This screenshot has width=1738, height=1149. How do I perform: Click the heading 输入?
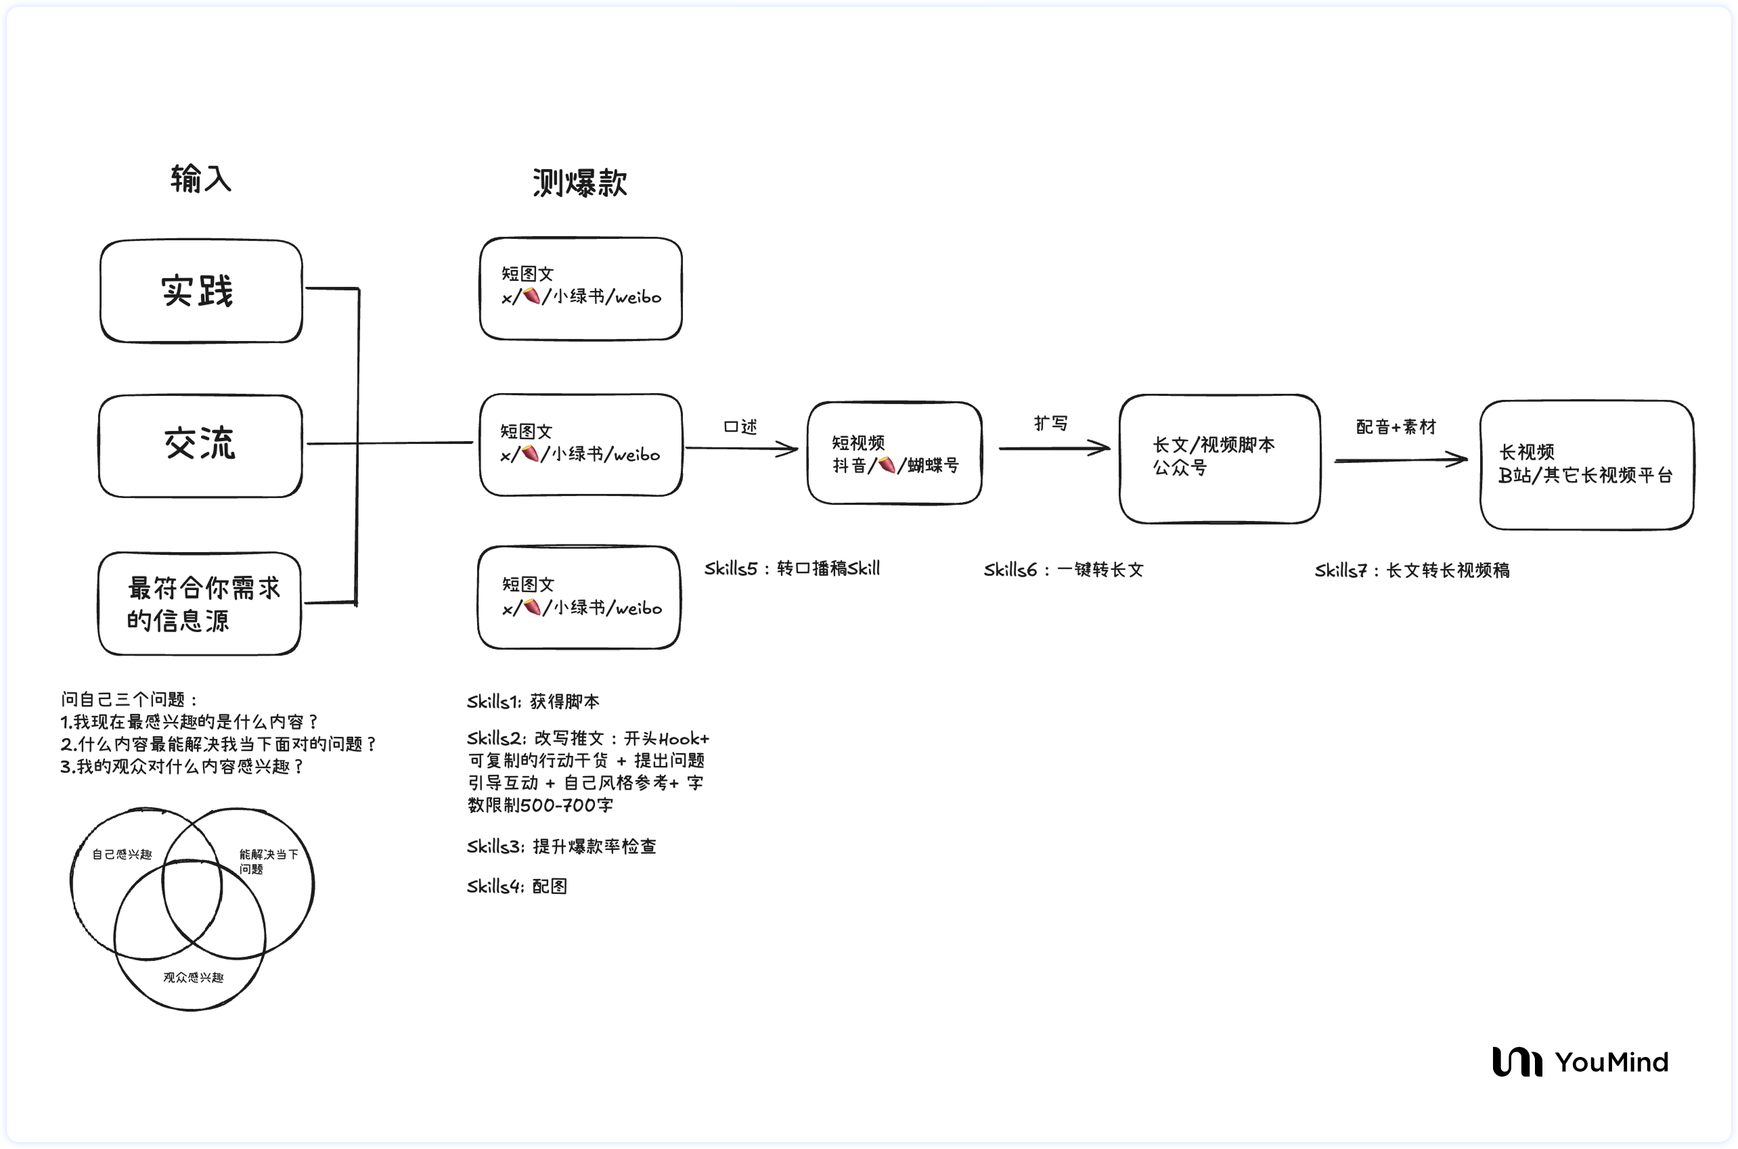(x=200, y=179)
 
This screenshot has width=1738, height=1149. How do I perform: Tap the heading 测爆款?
(x=579, y=183)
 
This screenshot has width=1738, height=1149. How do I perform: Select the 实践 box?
(x=201, y=291)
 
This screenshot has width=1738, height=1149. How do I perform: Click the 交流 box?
(x=200, y=445)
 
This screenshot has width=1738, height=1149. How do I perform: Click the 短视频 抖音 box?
(x=894, y=453)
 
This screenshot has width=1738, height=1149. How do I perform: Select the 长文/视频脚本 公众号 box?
(x=1219, y=459)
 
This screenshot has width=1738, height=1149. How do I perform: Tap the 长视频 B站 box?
(x=1586, y=465)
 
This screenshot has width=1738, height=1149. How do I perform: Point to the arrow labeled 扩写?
(x=1054, y=448)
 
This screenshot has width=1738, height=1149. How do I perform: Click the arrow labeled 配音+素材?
(x=1400, y=460)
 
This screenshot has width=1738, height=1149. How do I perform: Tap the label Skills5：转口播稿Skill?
(x=792, y=568)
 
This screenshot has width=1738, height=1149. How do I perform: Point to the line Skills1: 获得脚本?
(x=533, y=702)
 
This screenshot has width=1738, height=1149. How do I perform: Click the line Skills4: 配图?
(x=516, y=886)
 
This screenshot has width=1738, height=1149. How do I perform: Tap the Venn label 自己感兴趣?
(x=122, y=855)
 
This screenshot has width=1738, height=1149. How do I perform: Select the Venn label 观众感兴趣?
(x=194, y=978)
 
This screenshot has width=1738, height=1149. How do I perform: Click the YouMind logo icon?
(x=1517, y=1062)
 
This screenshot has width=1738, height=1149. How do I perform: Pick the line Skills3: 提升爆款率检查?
(x=561, y=847)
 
